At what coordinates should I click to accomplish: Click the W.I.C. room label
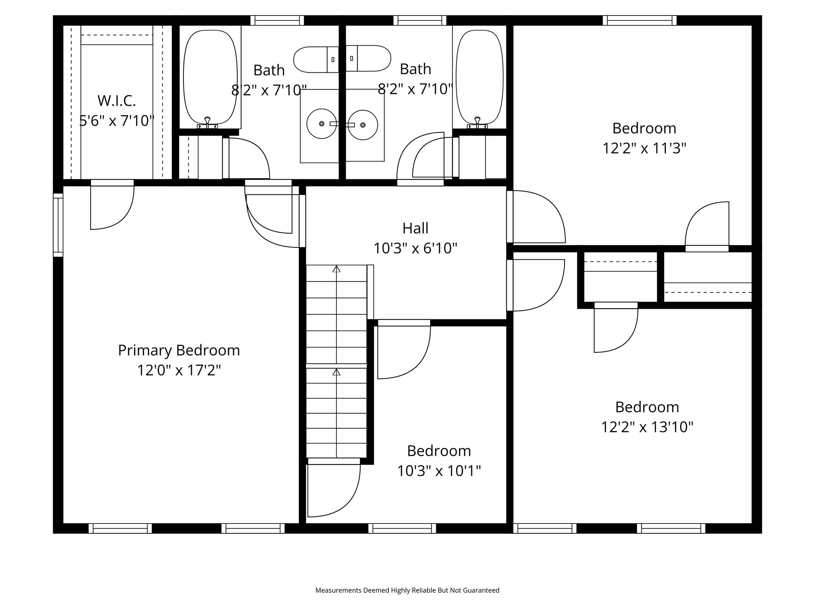click(x=117, y=101)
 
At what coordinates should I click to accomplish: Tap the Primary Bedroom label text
click(x=179, y=350)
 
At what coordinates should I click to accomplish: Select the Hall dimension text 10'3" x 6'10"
click(x=415, y=249)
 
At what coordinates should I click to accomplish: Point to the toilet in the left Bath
click(x=316, y=60)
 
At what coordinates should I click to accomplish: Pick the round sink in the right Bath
click(x=363, y=125)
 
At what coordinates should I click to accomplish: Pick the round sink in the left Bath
click(x=322, y=124)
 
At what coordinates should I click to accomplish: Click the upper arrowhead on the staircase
click(x=336, y=269)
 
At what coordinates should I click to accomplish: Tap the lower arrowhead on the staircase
click(x=336, y=372)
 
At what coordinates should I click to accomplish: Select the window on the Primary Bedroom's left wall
click(x=58, y=225)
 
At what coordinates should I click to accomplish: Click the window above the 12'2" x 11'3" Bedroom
click(x=640, y=20)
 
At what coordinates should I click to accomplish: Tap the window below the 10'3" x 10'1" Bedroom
click(x=402, y=528)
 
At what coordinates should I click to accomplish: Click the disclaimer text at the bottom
click(x=407, y=590)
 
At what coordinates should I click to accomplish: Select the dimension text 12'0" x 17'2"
click(x=179, y=371)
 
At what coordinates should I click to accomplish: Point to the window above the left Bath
click(x=277, y=20)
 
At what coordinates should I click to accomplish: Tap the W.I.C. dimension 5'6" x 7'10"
click(x=117, y=121)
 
